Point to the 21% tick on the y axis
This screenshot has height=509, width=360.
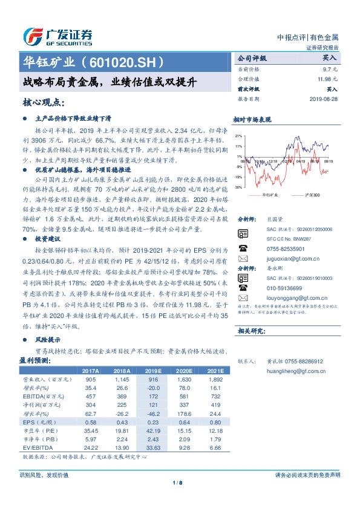coord(239,136)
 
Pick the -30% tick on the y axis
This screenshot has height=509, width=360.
coord(239,187)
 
